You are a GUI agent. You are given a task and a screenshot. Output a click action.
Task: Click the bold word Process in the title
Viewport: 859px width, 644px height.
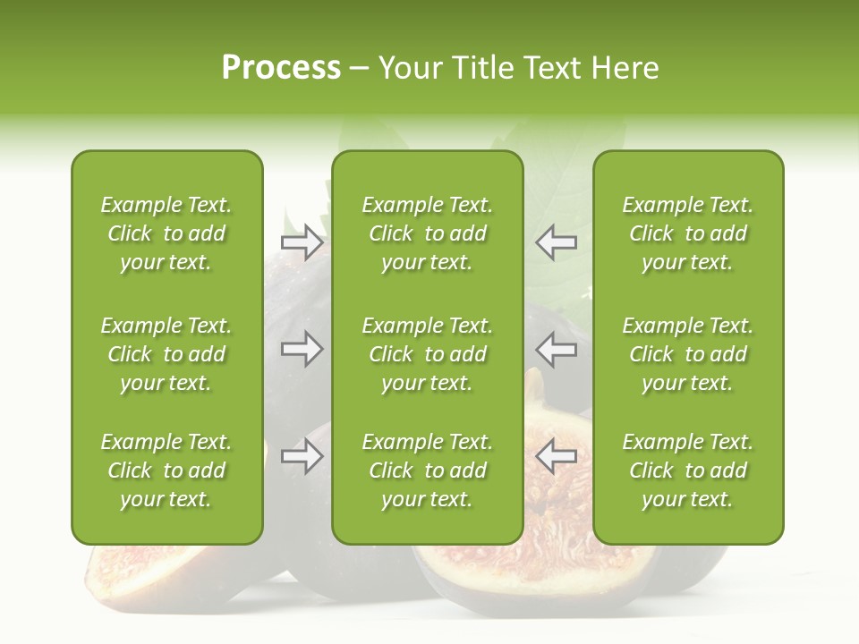tap(281, 68)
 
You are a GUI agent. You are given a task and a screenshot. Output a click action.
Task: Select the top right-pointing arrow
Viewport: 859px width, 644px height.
tap(302, 242)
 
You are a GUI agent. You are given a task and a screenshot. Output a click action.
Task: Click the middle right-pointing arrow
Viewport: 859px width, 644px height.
tap(302, 349)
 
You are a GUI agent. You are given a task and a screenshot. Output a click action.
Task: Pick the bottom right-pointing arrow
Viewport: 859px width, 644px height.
tap(302, 457)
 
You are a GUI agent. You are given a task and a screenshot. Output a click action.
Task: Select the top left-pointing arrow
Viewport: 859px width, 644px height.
tap(556, 242)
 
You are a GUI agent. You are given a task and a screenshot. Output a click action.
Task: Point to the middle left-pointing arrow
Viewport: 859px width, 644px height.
tap(556, 349)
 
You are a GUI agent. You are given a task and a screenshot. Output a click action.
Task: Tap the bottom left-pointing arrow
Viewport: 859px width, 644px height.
tap(556, 457)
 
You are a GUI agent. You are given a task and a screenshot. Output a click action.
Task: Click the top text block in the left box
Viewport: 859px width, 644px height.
tap(166, 233)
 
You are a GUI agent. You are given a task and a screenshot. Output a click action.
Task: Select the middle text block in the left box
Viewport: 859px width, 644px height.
tap(166, 354)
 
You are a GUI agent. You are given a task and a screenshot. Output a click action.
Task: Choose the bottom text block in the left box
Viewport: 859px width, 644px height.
tap(166, 470)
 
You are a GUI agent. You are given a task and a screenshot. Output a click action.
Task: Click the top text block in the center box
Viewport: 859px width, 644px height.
tap(427, 233)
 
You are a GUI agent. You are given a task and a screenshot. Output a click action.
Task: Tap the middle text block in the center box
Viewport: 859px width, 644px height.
tap(427, 354)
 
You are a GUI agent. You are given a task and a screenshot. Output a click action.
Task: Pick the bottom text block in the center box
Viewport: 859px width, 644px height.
tap(427, 470)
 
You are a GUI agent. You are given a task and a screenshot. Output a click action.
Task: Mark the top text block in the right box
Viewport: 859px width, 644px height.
tap(687, 233)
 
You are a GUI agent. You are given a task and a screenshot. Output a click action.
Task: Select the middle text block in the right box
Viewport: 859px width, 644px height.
tap(687, 354)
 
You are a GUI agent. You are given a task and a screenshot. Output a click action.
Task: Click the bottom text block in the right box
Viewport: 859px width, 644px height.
tap(687, 470)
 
